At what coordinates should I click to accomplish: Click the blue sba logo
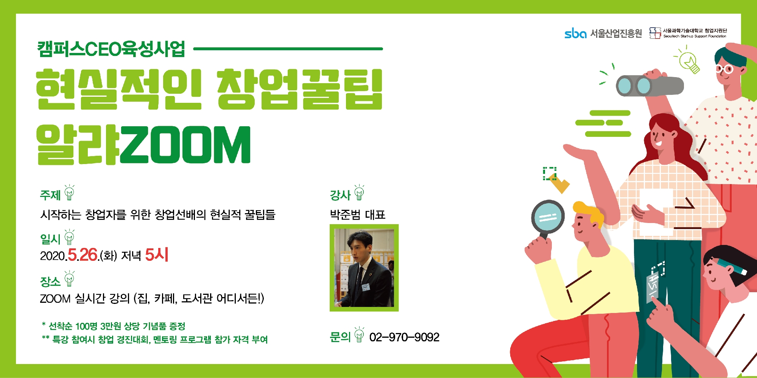[x=575, y=33]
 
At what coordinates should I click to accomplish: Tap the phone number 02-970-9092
[x=404, y=337]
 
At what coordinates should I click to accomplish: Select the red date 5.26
[x=83, y=255]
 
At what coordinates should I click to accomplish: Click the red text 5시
[x=157, y=254]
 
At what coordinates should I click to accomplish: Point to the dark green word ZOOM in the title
[x=185, y=145]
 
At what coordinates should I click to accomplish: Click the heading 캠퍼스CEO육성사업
[x=111, y=49]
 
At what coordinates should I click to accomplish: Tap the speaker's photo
[x=364, y=268]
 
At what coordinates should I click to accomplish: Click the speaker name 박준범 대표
[x=358, y=214]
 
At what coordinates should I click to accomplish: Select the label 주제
[x=50, y=195]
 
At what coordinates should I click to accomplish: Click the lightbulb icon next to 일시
[x=69, y=237]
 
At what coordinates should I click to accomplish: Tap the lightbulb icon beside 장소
[x=69, y=279]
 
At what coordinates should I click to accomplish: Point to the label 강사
[x=340, y=195]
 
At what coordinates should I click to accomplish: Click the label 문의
[x=340, y=336]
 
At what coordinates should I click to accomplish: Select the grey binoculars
[x=650, y=85]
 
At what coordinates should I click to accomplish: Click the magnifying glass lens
[x=548, y=217]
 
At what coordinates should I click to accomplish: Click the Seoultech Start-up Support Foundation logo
[x=688, y=33]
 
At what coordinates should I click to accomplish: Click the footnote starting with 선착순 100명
[x=114, y=326]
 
